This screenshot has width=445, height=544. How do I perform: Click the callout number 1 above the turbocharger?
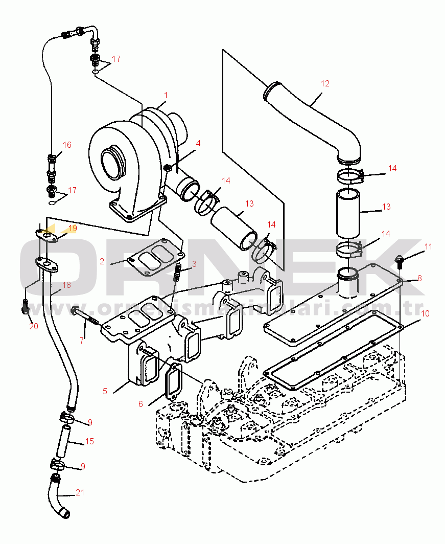(166, 96)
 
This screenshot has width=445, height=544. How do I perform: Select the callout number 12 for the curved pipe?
(325, 83)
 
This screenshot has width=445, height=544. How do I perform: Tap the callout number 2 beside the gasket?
(102, 261)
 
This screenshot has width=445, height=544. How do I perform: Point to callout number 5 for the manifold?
(105, 391)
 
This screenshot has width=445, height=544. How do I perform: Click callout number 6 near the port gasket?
(140, 404)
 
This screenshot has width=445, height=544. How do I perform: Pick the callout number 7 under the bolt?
(82, 340)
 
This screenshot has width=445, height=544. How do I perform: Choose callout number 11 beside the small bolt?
(428, 246)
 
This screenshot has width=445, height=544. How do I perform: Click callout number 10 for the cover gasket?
(425, 312)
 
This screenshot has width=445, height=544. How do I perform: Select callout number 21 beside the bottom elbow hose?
(80, 493)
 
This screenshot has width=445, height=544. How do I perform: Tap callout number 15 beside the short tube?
(89, 441)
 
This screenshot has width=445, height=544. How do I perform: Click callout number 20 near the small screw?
(34, 326)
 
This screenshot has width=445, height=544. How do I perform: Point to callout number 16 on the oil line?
(67, 145)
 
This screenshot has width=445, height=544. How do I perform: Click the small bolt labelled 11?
(400, 262)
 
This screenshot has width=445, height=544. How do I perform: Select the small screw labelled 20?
(25, 306)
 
